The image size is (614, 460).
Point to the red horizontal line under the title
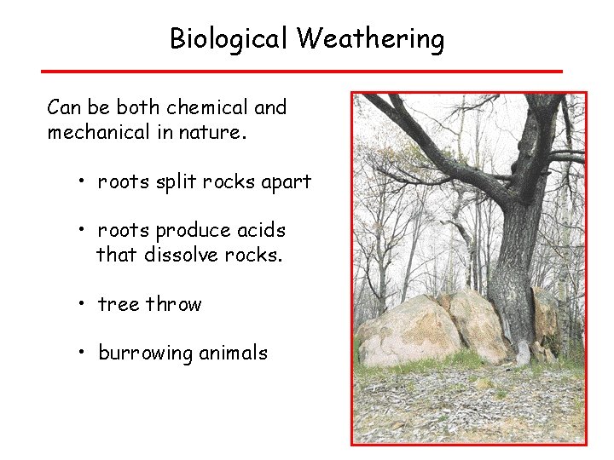pos(302,71)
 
